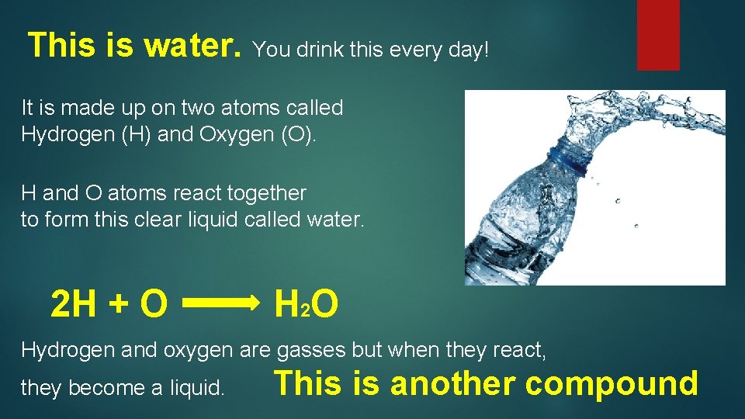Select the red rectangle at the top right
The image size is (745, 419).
(x=658, y=34)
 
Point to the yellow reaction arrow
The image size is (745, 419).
(x=220, y=305)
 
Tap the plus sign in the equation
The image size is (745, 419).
(x=118, y=306)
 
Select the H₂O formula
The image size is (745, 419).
(x=307, y=305)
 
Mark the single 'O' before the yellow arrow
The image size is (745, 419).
(x=154, y=305)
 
